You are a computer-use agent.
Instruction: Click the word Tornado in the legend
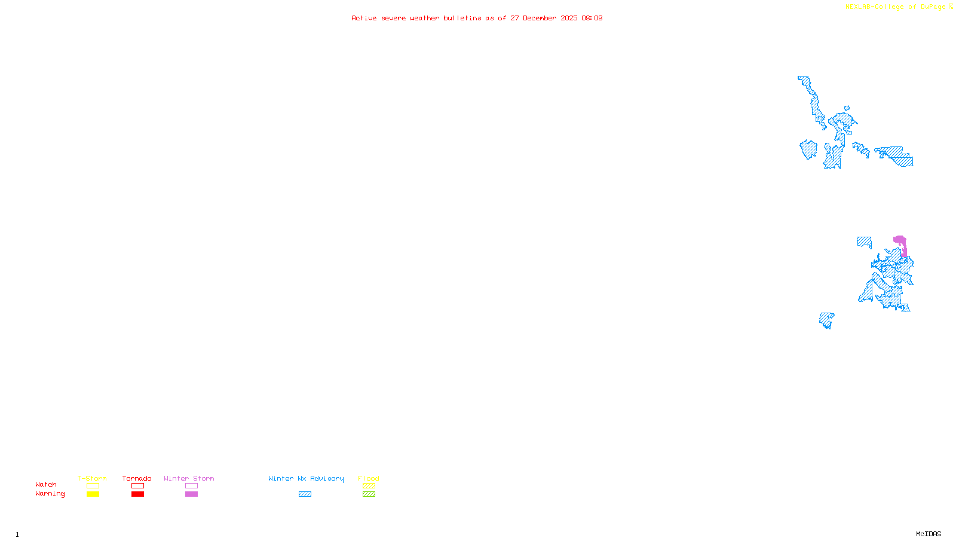(x=137, y=478)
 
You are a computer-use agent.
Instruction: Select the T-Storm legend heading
(x=92, y=478)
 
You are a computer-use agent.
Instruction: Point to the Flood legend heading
(x=369, y=478)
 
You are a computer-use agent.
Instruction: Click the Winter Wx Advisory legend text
(x=306, y=478)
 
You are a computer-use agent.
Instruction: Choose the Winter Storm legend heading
(x=189, y=478)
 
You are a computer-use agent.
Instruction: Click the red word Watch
(x=46, y=484)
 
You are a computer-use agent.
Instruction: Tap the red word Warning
(x=50, y=494)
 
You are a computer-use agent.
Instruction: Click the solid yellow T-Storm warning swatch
(x=93, y=494)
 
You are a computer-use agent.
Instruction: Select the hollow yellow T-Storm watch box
(x=93, y=486)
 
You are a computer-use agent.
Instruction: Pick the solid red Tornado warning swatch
(x=137, y=494)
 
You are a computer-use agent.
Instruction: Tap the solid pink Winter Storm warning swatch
(x=191, y=494)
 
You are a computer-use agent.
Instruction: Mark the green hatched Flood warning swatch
(x=369, y=494)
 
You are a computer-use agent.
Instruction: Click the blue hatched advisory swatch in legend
(x=305, y=494)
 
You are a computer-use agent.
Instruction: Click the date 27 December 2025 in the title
(x=544, y=18)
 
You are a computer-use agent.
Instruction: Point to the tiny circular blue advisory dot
(x=847, y=108)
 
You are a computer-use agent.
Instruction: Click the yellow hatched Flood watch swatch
(x=369, y=486)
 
